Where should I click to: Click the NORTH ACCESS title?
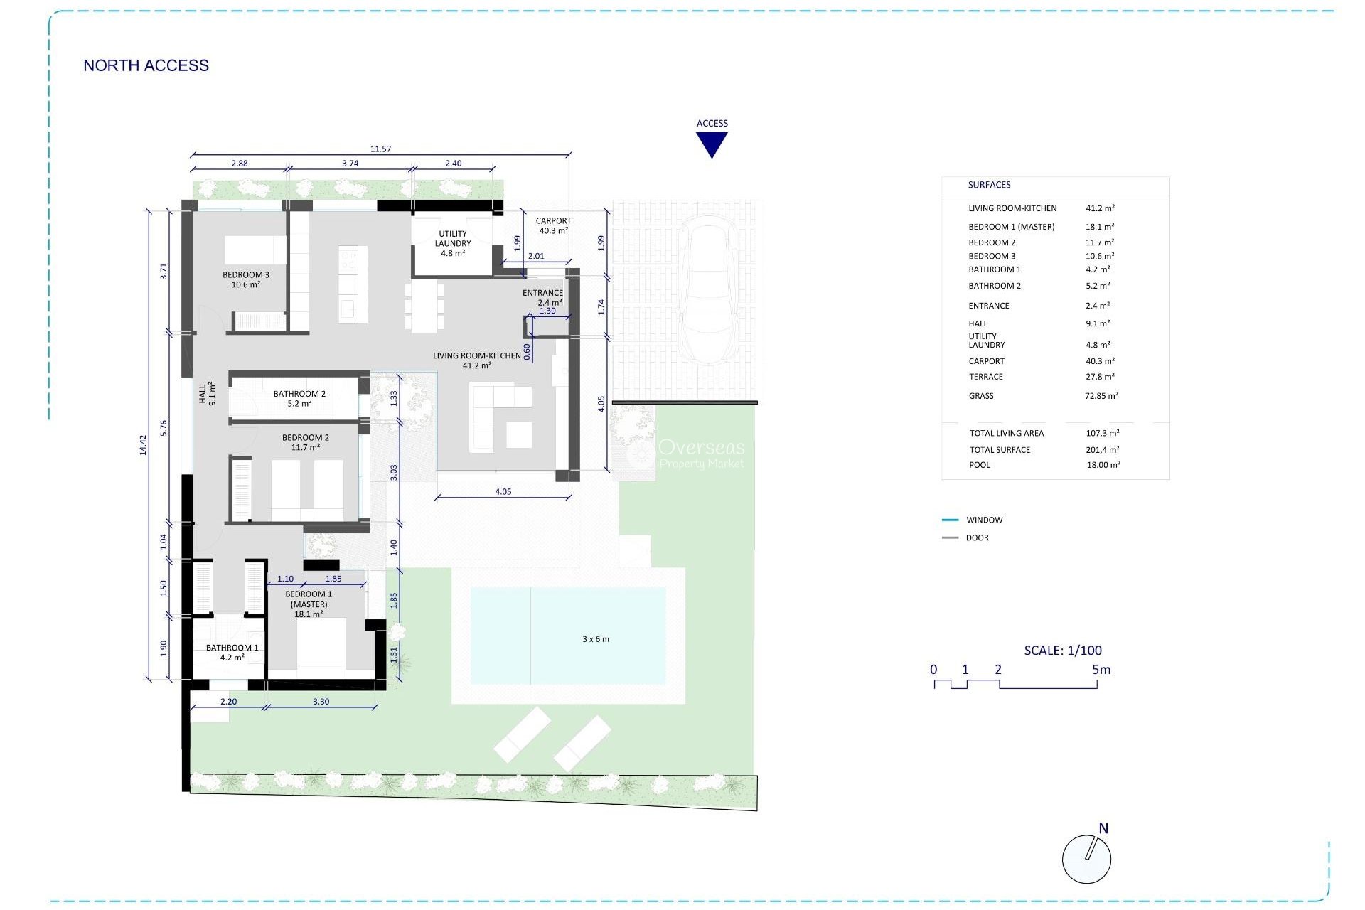tap(146, 65)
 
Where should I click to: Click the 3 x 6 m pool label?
tap(596, 639)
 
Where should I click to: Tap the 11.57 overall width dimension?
tap(380, 149)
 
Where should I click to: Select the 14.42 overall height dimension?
tap(143, 445)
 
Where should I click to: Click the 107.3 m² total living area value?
tap(1102, 433)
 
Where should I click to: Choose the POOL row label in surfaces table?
tap(980, 465)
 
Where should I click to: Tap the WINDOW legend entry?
tap(984, 520)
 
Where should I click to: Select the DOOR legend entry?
tap(977, 538)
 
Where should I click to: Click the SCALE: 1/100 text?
tap(1063, 650)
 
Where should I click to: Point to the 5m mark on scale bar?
tap(1101, 670)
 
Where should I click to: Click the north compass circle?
tap(1086, 860)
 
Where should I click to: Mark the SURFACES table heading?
tap(989, 185)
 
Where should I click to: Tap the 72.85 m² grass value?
tap(1101, 396)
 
